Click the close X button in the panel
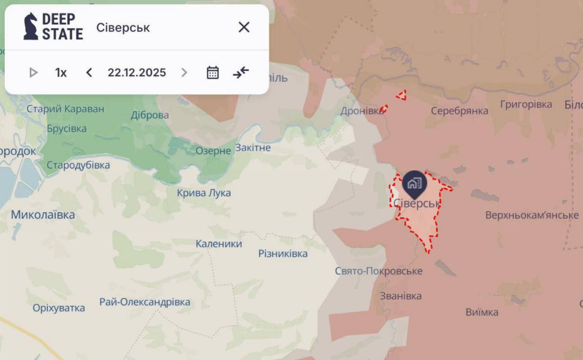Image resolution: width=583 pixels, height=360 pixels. [244, 27]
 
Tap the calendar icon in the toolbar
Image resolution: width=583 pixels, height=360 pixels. [213, 73]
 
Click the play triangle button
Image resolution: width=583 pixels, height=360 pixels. [34, 73]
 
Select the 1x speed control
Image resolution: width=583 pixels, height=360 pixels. [61, 73]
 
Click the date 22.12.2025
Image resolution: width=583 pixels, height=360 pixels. [136, 73]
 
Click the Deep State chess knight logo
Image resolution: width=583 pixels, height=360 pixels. [31, 27]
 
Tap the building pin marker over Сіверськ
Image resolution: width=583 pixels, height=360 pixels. [415, 184]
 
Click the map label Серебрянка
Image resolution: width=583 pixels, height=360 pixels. [460, 111]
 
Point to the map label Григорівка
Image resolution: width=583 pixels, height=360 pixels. [526, 105]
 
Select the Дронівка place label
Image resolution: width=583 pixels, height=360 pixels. [361, 111]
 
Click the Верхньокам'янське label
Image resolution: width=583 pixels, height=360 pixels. [532, 215]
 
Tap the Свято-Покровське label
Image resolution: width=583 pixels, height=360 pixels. [379, 271]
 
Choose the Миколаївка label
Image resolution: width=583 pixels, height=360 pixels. [43, 215]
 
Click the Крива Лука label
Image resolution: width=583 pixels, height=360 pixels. [204, 193]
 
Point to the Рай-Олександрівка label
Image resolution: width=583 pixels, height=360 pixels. [145, 302]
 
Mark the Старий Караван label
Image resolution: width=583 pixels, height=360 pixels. [65, 109]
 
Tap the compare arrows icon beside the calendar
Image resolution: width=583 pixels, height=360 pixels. [241, 73]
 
